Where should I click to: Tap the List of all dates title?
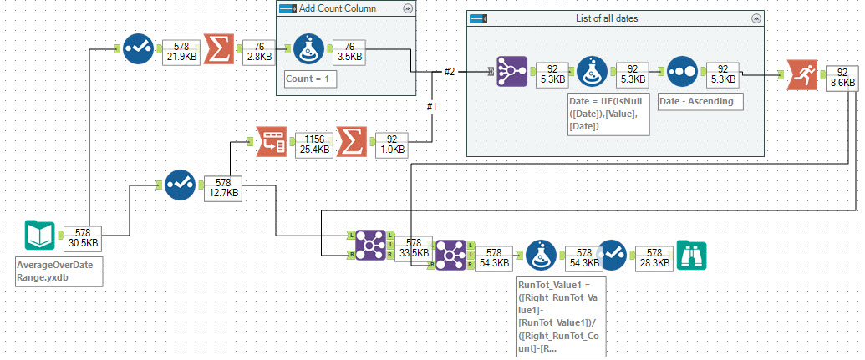coord(613,18)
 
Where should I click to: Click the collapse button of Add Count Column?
coord(407,9)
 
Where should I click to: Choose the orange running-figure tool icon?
coord(794,74)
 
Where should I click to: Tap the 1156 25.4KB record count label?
coord(310,144)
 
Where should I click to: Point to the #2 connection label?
coord(448,72)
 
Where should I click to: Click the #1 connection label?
coord(432,107)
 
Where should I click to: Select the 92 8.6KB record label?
coord(842,77)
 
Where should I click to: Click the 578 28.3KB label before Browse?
coord(654,256)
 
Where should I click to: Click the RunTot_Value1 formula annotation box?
coord(561,317)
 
